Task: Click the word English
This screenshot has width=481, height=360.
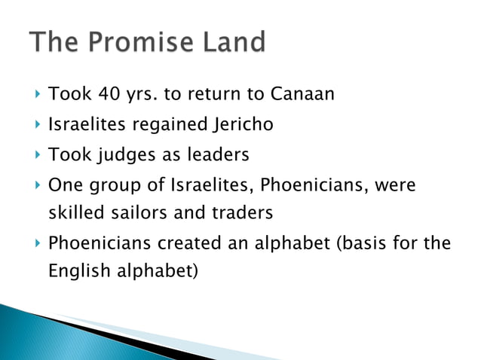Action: coord(77,271)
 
